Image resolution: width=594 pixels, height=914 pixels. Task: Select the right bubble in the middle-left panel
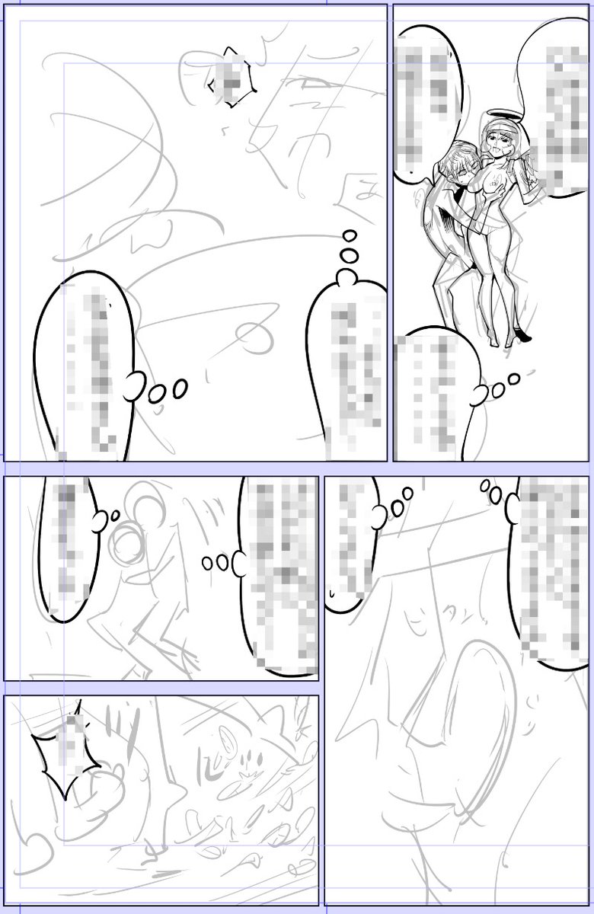coord(278,571)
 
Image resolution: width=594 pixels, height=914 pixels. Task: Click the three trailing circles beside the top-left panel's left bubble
coord(168,391)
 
